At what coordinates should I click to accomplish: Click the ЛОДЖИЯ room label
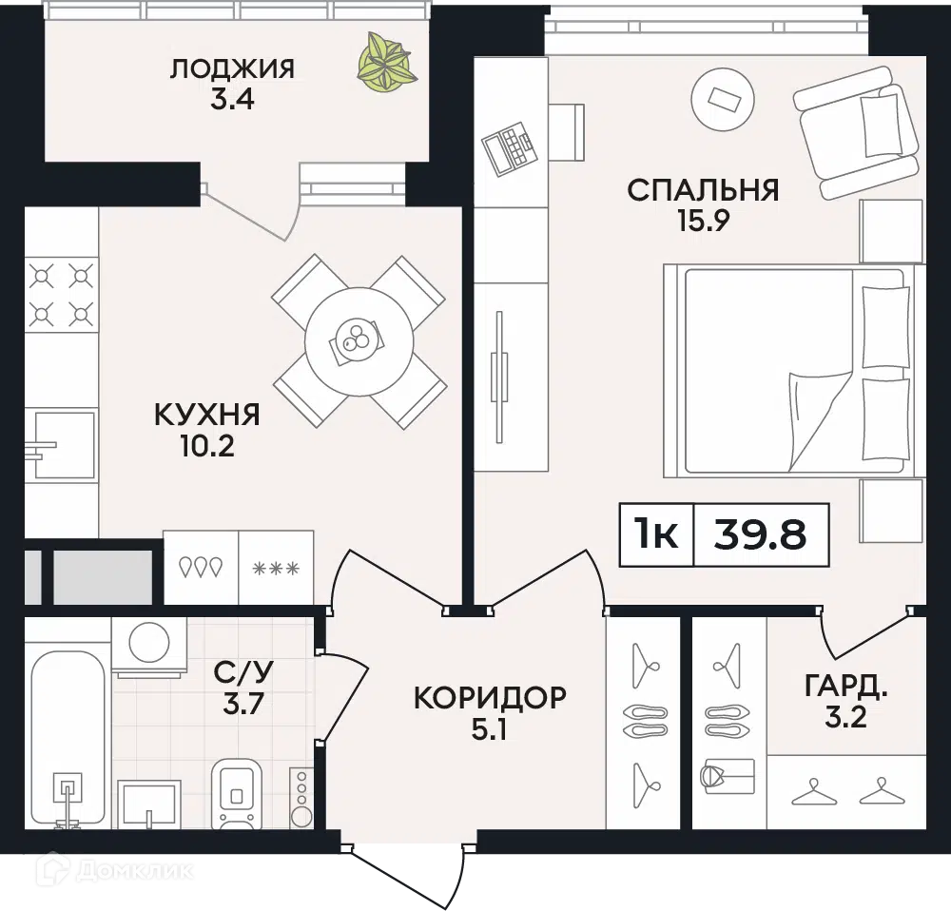[232, 68]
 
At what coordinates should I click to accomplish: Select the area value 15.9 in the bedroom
[703, 221]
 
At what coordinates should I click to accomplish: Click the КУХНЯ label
[206, 416]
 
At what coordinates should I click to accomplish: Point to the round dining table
[359, 340]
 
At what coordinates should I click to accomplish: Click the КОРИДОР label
[490, 698]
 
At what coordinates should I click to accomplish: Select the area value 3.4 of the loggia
[232, 99]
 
